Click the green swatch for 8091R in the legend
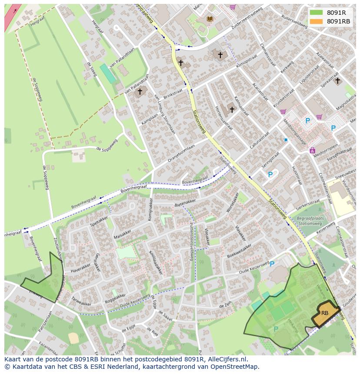tap(316, 13)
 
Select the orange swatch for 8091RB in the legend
tap(316, 21)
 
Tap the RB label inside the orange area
tap(325, 313)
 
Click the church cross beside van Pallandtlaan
tap(140, 92)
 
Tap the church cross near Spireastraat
tap(337, 80)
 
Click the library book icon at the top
tap(210, 19)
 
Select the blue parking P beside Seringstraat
tap(270, 175)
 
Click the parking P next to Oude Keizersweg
tap(272, 264)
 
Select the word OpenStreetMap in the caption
tap(236, 367)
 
